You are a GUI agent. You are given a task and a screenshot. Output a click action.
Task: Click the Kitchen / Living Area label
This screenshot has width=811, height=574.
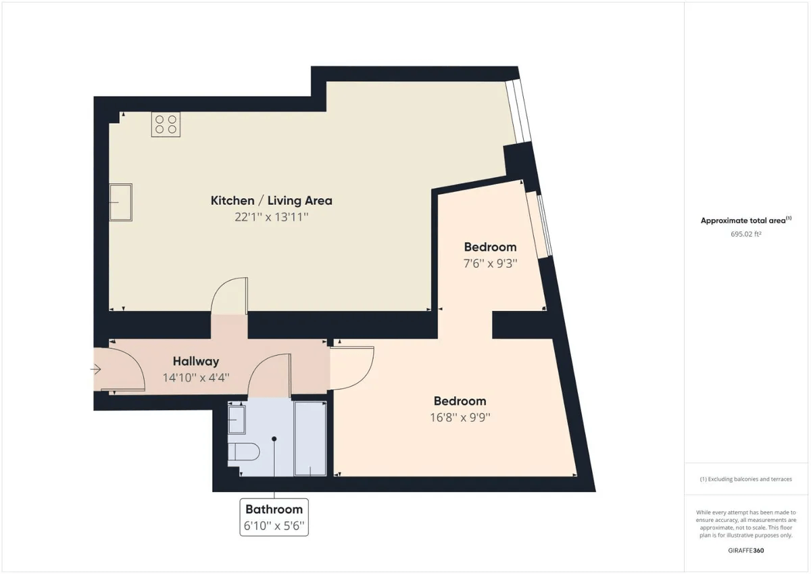click(271, 201)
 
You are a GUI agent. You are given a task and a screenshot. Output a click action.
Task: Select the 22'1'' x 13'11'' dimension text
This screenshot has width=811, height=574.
click(271, 217)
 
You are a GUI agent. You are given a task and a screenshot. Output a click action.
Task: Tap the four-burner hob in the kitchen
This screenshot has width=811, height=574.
click(166, 124)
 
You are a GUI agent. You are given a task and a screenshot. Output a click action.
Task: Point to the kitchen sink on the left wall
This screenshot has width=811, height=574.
click(121, 201)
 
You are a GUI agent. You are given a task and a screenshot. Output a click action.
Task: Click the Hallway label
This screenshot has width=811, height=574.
click(195, 362)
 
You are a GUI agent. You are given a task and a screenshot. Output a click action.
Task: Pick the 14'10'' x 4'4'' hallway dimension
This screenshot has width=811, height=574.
click(196, 378)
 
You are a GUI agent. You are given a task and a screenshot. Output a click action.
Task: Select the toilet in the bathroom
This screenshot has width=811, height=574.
click(241, 452)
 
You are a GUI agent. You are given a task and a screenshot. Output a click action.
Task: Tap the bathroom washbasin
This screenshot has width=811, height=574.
click(237, 419)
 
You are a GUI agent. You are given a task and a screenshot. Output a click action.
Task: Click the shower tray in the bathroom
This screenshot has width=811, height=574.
click(311, 437)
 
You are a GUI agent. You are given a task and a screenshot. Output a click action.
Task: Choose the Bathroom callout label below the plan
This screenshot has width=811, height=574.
click(274, 509)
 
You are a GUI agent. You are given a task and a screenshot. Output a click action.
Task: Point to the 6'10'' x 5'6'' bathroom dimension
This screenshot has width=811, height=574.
click(274, 525)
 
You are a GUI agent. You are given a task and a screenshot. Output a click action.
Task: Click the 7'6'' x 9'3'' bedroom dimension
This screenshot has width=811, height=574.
click(490, 264)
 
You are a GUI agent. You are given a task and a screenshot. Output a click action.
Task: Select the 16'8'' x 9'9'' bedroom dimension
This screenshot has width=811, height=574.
click(460, 417)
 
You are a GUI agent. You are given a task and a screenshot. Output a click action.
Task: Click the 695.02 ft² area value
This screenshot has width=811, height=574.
click(745, 234)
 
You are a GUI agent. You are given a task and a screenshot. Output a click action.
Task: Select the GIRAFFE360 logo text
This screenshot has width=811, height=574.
click(745, 550)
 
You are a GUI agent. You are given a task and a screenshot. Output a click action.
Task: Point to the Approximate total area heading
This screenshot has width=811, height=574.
click(745, 220)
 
